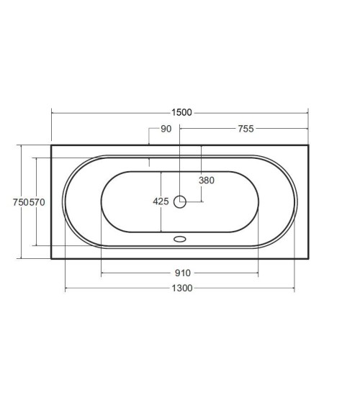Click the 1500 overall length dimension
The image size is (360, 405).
tap(181, 113)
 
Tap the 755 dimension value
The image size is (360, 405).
tap(246, 129)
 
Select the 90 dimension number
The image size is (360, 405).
tap(166, 129)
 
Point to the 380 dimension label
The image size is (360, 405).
tap(207, 181)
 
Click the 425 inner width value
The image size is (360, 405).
tap(161, 201)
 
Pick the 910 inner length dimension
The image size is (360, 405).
tap(183, 273)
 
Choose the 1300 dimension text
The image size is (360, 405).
tap(182, 288)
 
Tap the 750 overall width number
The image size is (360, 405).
tap(21, 202)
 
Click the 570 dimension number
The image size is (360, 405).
tap(37, 202)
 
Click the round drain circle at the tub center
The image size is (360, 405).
tap(180, 201)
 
